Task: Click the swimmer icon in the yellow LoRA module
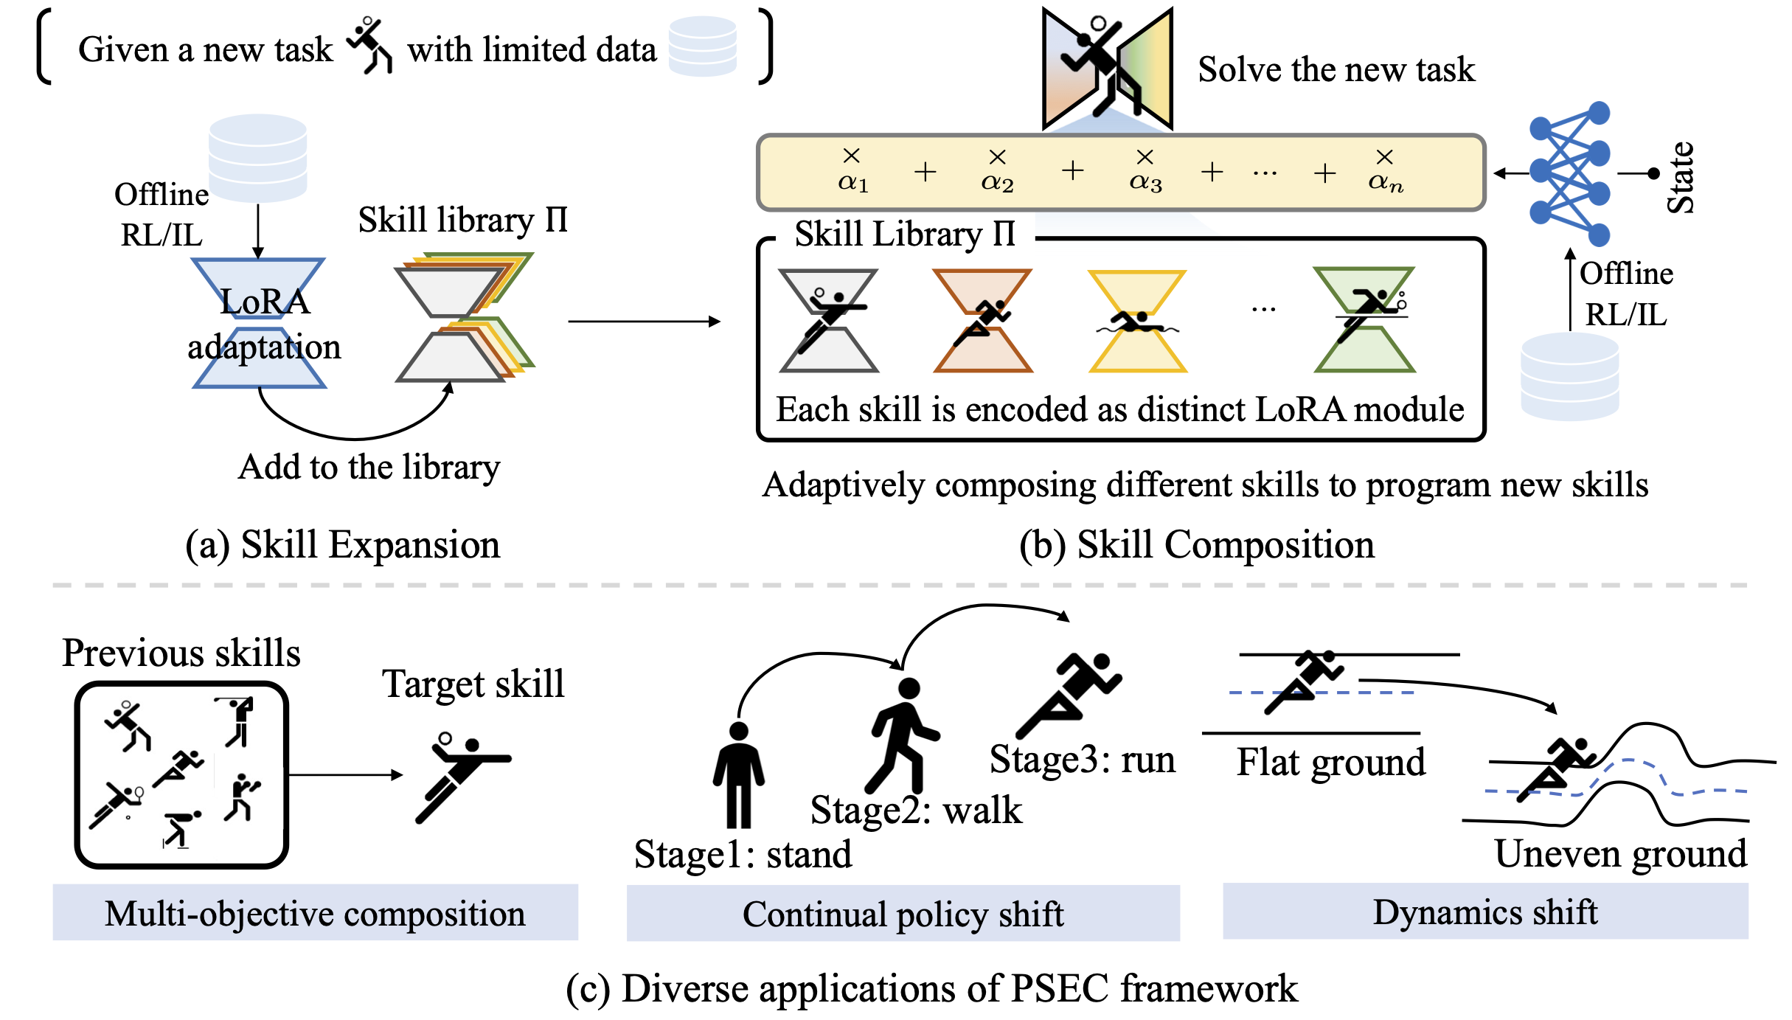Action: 1137,322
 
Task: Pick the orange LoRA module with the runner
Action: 982,321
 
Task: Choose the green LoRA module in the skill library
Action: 1364,321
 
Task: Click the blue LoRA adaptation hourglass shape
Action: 258,323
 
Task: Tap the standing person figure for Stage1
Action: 738,774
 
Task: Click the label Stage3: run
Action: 1082,759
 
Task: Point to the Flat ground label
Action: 1330,762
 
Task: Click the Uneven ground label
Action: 1620,854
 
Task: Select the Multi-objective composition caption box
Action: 315,913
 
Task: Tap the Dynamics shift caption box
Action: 1484,912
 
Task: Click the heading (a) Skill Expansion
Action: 342,545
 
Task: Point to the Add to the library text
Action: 369,468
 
